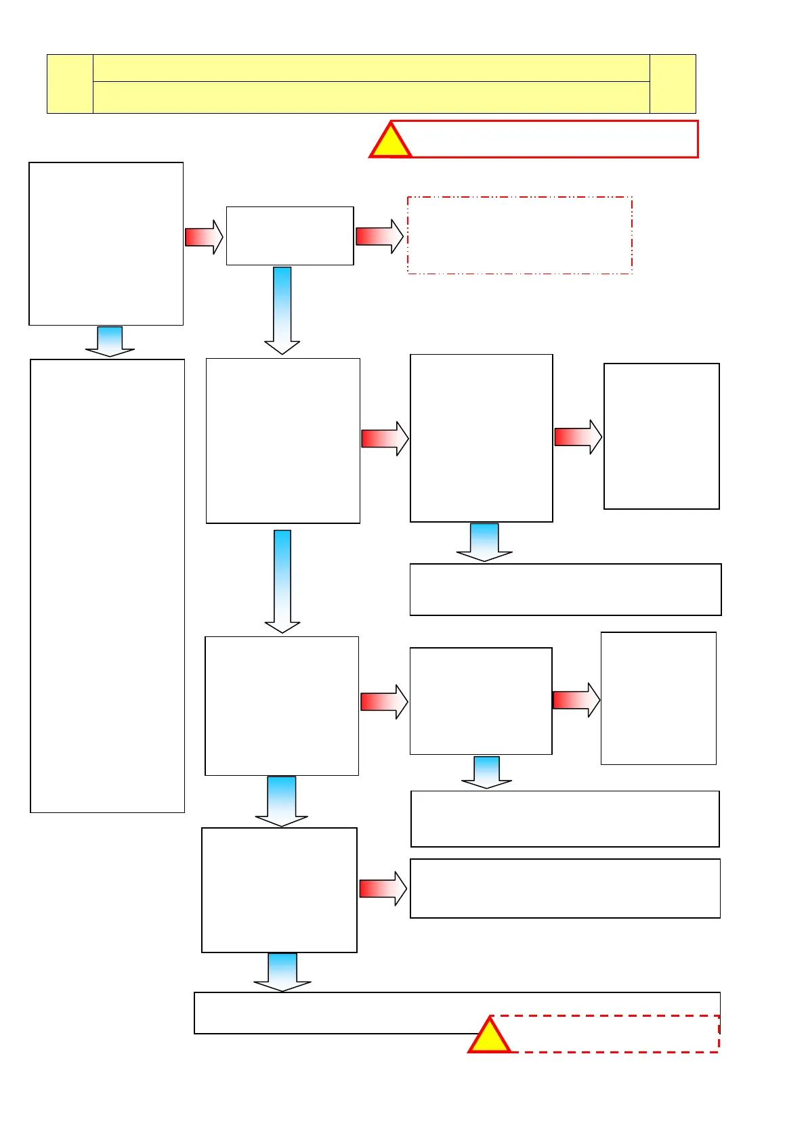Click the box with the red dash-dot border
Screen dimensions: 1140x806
(x=519, y=236)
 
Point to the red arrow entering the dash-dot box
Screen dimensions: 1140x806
(x=379, y=236)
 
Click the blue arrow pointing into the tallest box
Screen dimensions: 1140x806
(x=110, y=341)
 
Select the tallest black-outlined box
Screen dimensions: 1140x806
(x=108, y=586)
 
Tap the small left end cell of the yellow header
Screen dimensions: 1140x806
(x=70, y=84)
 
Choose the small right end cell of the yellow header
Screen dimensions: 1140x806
(x=673, y=84)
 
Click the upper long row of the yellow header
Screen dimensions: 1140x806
(x=370, y=68)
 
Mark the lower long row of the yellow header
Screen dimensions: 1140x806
(x=370, y=97)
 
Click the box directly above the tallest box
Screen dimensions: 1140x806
(x=106, y=244)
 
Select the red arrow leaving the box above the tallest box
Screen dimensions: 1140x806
(x=203, y=237)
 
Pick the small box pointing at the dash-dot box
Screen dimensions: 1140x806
(x=290, y=236)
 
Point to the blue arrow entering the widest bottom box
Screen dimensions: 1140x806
(x=282, y=972)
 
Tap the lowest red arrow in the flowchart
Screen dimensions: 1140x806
(x=383, y=889)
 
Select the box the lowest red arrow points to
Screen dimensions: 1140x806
(x=565, y=888)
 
